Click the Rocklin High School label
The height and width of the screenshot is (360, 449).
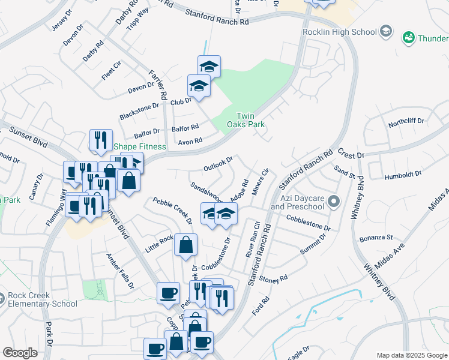point(339,32)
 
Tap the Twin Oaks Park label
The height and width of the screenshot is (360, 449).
point(250,120)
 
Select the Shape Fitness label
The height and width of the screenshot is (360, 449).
point(140,147)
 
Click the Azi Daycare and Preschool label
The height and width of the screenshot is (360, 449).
point(297,202)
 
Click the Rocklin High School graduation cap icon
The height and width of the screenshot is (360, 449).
point(386,32)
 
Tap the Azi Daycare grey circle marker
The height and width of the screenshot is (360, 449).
point(334,201)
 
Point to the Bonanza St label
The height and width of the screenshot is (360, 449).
point(376,238)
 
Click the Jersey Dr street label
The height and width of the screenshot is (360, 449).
point(60,26)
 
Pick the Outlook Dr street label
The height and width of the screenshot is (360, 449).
point(217,162)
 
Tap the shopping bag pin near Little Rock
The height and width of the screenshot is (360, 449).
point(186,245)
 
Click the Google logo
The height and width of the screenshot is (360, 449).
point(20,352)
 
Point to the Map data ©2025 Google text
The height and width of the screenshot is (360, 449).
point(411,355)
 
